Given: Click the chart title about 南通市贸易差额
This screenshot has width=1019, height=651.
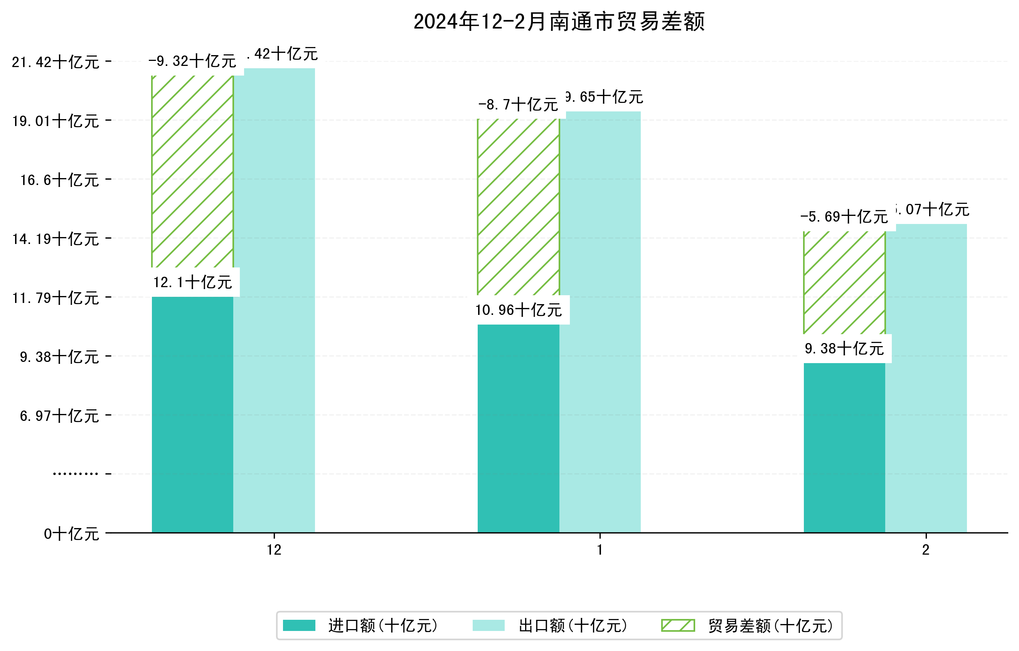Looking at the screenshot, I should (x=559, y=22).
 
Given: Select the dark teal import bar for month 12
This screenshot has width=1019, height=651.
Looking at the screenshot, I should (x=192, y=415).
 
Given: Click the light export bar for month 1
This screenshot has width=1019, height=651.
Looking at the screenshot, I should (x=600, y=321).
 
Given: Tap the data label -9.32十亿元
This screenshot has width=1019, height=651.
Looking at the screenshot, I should (x=192, y=61).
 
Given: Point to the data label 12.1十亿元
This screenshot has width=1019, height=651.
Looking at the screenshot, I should (x=192, y=282).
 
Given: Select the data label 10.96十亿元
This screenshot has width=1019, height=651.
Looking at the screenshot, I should (x=519, y=310).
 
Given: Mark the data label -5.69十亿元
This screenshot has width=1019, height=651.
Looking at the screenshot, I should (x=844, y=217).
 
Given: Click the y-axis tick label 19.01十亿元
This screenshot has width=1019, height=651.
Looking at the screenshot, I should (x=56, y=121).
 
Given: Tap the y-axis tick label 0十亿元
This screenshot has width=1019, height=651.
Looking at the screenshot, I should (x=71, y=534).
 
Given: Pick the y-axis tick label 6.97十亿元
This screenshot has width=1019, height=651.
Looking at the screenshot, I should (x=59, y=416).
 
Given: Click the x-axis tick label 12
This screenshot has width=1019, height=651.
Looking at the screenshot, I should (x=274, y=550).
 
